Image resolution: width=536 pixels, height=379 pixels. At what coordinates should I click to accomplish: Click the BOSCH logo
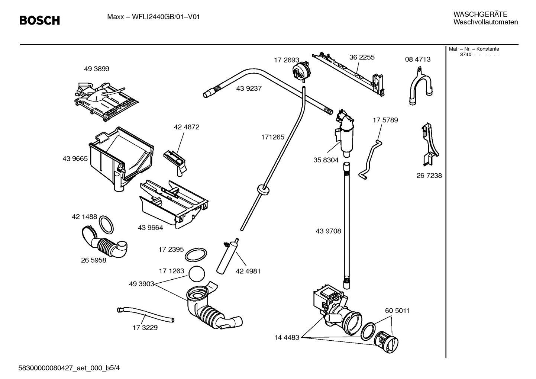coord(39,20)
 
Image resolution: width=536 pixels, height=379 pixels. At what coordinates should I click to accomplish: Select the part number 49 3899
coord(97,69)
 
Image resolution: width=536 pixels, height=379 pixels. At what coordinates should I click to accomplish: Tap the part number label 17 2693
coord(286,60)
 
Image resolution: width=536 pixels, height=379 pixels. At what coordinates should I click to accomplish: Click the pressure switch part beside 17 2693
coord(301,70)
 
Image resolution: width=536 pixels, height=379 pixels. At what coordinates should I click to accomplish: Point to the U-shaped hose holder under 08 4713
coord(420,87)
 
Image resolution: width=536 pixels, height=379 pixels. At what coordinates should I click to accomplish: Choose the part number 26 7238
coord(429,176)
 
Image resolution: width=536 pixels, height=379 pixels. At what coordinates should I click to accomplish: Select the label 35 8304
coord(326,160)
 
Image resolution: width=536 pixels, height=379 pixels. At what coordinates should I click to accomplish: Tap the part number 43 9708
coord(328,231)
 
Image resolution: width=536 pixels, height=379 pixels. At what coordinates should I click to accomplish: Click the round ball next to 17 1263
coord(197,275)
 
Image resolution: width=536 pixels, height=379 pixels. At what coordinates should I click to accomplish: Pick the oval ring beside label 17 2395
coord(196,255)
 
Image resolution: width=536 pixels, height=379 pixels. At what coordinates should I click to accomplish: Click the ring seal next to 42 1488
coord(106,224)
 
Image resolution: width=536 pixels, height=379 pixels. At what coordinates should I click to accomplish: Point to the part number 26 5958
coord(94,260)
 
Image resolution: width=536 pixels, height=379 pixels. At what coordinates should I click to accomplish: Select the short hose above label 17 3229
coord(145,314)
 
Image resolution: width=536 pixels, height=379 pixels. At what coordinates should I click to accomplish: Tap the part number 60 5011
coord(397,311)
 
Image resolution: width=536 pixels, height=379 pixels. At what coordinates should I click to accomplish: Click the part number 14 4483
coord(287,338)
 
